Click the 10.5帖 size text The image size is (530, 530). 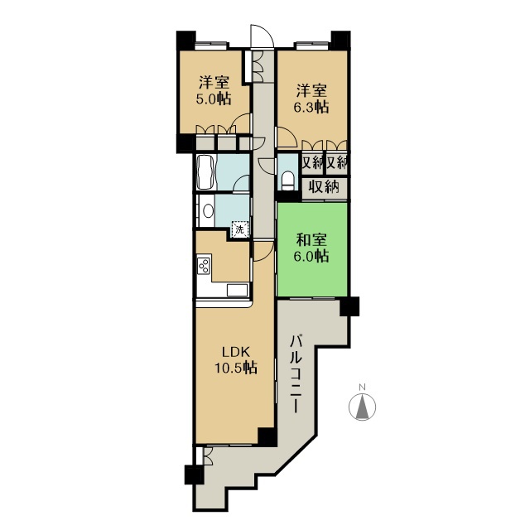234,368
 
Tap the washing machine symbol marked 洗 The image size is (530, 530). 238,228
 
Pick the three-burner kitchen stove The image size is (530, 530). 204,267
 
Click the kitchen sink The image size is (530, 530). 236,290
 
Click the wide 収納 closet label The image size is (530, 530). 324,187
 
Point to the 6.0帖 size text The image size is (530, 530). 313,257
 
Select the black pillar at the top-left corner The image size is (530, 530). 185,41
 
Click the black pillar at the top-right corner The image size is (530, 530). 340,41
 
